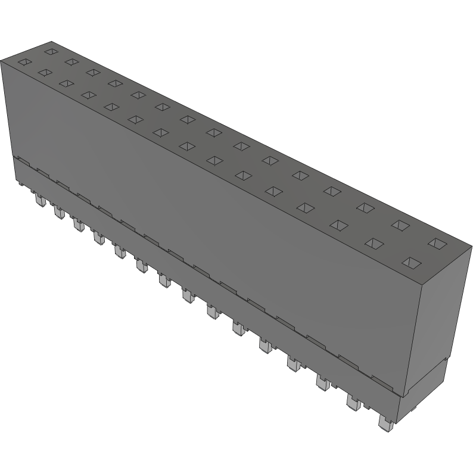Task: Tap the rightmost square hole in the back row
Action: (437, 242)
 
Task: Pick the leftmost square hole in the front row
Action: (24, 61)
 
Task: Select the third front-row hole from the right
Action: (339, 225)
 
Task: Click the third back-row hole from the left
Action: (93, 72)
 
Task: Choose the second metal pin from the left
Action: (58, 211)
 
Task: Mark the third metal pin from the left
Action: (77, 225)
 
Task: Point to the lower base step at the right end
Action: (426, 393)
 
